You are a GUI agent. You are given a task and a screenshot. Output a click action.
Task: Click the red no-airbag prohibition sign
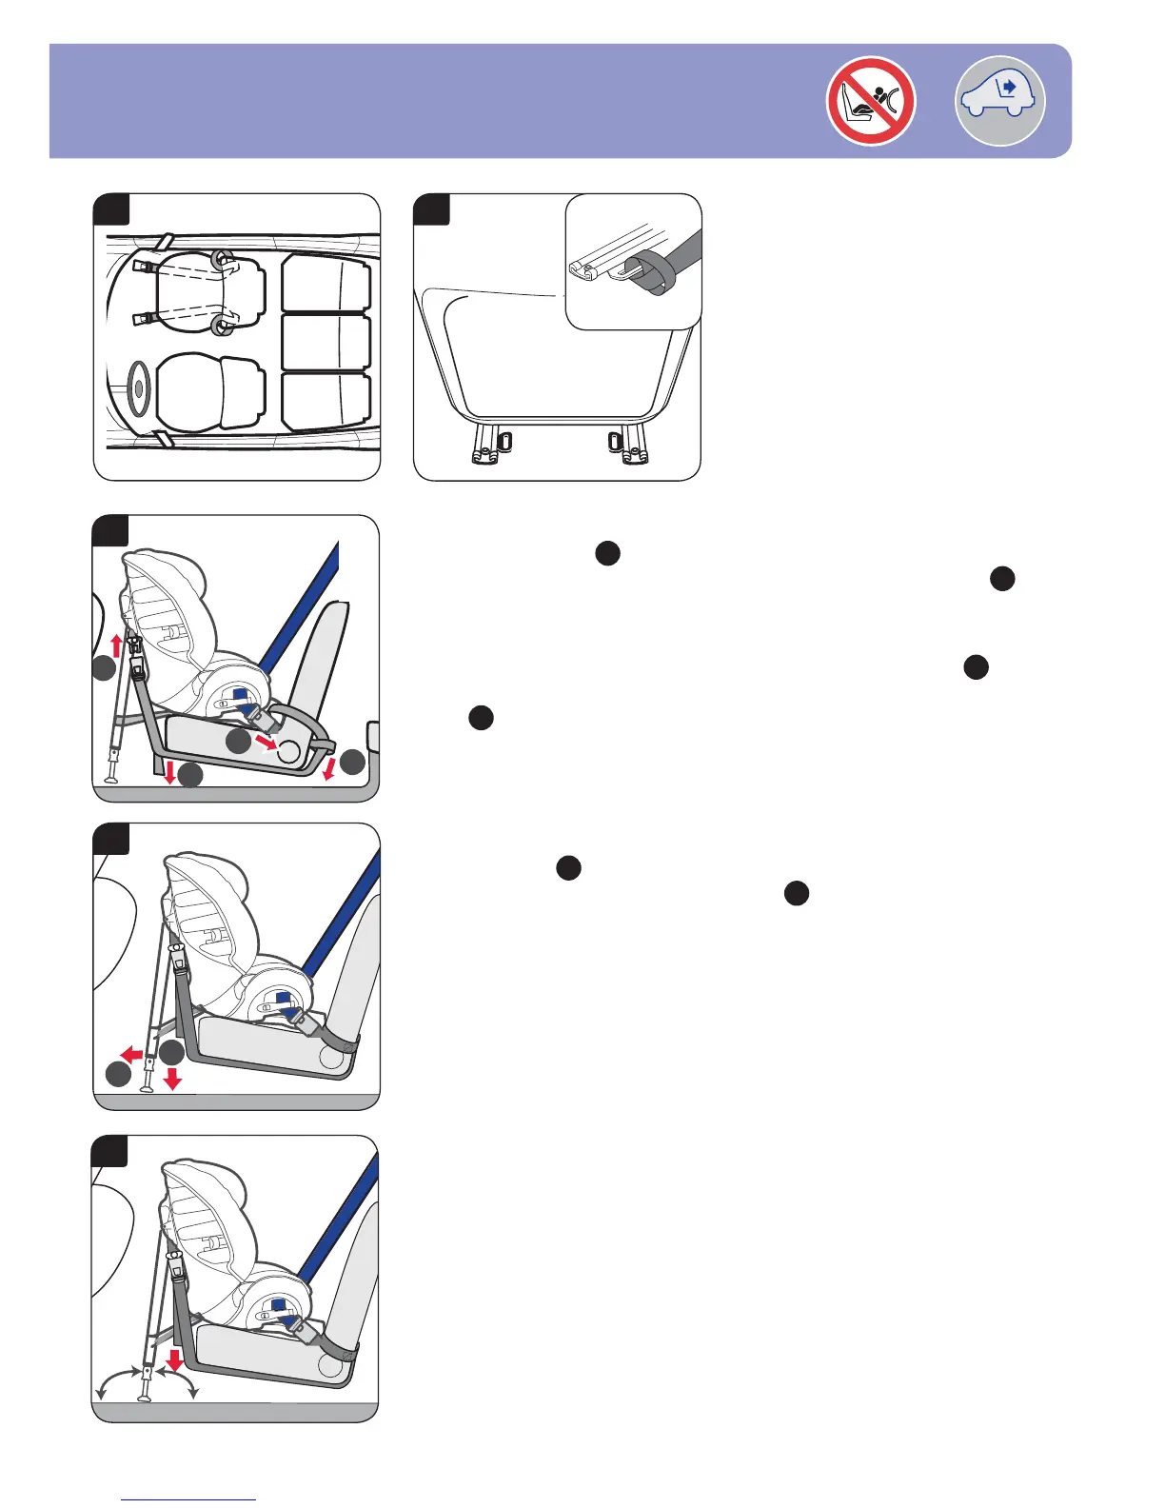pyautogui.click(x=870, y=101)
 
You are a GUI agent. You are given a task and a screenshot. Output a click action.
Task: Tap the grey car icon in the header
pyautogui.click(x=999, y=100)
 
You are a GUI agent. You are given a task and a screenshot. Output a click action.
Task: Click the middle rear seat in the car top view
pyautogui.click(x=326, y=342)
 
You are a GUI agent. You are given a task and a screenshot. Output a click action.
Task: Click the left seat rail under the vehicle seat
pyautogui.click(x=486, y=444)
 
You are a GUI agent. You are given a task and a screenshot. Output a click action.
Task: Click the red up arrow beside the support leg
pyautogui.click(x=117, y=646)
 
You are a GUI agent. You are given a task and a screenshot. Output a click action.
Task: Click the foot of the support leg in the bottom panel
pyautogui.click(x=145, y=1399)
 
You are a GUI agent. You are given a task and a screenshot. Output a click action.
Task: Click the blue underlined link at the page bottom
pyautogui.click(x=188, y=1500)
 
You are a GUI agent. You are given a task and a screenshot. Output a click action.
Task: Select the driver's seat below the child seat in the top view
pyautogui.click(x=209, y=390)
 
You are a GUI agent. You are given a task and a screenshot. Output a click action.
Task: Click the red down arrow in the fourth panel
pyautogui.click(x=172, y=1079)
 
